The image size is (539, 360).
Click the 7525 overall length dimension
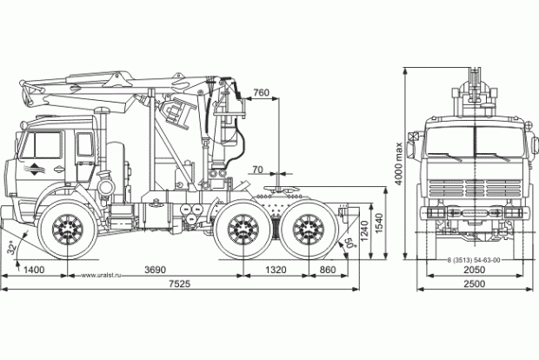(x=181, y=284)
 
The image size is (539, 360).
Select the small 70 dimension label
(x=256, y=169)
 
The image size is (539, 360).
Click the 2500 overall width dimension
(x=473, y=284)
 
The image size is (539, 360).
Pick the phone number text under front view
(x=474, y=259)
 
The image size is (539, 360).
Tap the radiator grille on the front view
(x=474, y=188)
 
